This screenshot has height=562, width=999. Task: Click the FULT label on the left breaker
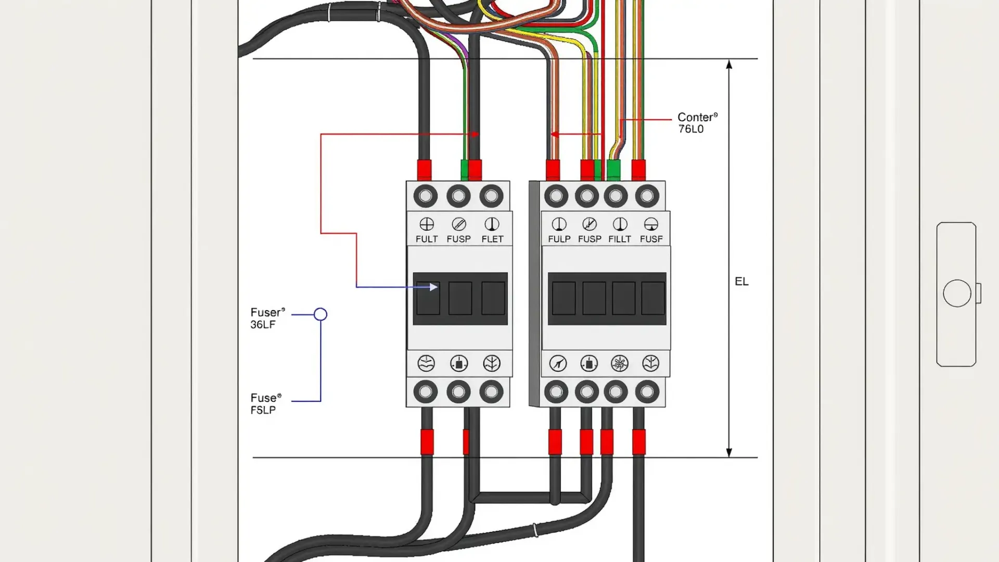[427, 239]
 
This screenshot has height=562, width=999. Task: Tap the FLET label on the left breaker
[492, 239]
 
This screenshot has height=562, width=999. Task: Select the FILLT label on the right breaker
[620, 239]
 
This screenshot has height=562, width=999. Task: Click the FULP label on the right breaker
[559, 239]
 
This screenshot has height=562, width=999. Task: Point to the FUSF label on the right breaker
[651, 239]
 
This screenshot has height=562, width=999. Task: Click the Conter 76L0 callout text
[697, 123]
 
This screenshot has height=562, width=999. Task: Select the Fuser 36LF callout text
[267, 318]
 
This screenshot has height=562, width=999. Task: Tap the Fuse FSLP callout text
[265, 403]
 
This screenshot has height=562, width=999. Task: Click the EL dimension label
[741, 282]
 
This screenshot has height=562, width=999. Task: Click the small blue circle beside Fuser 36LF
[321, 314]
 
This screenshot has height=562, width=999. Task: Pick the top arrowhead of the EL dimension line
[729, 65]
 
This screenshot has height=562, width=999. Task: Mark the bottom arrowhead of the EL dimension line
[729, 452]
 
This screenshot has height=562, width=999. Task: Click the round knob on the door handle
[957, 293]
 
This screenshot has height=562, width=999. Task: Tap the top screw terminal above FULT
[426, 196]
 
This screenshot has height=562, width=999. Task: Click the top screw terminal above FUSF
[647, 196]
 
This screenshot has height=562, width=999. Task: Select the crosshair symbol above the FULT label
[427, 224]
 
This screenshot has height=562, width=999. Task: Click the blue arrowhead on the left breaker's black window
[433, 287]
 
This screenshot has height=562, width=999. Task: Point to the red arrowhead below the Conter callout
[554, 134]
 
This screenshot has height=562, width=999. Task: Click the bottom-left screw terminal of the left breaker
[426, 392]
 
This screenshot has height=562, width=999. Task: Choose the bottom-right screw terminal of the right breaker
[647, 392]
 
